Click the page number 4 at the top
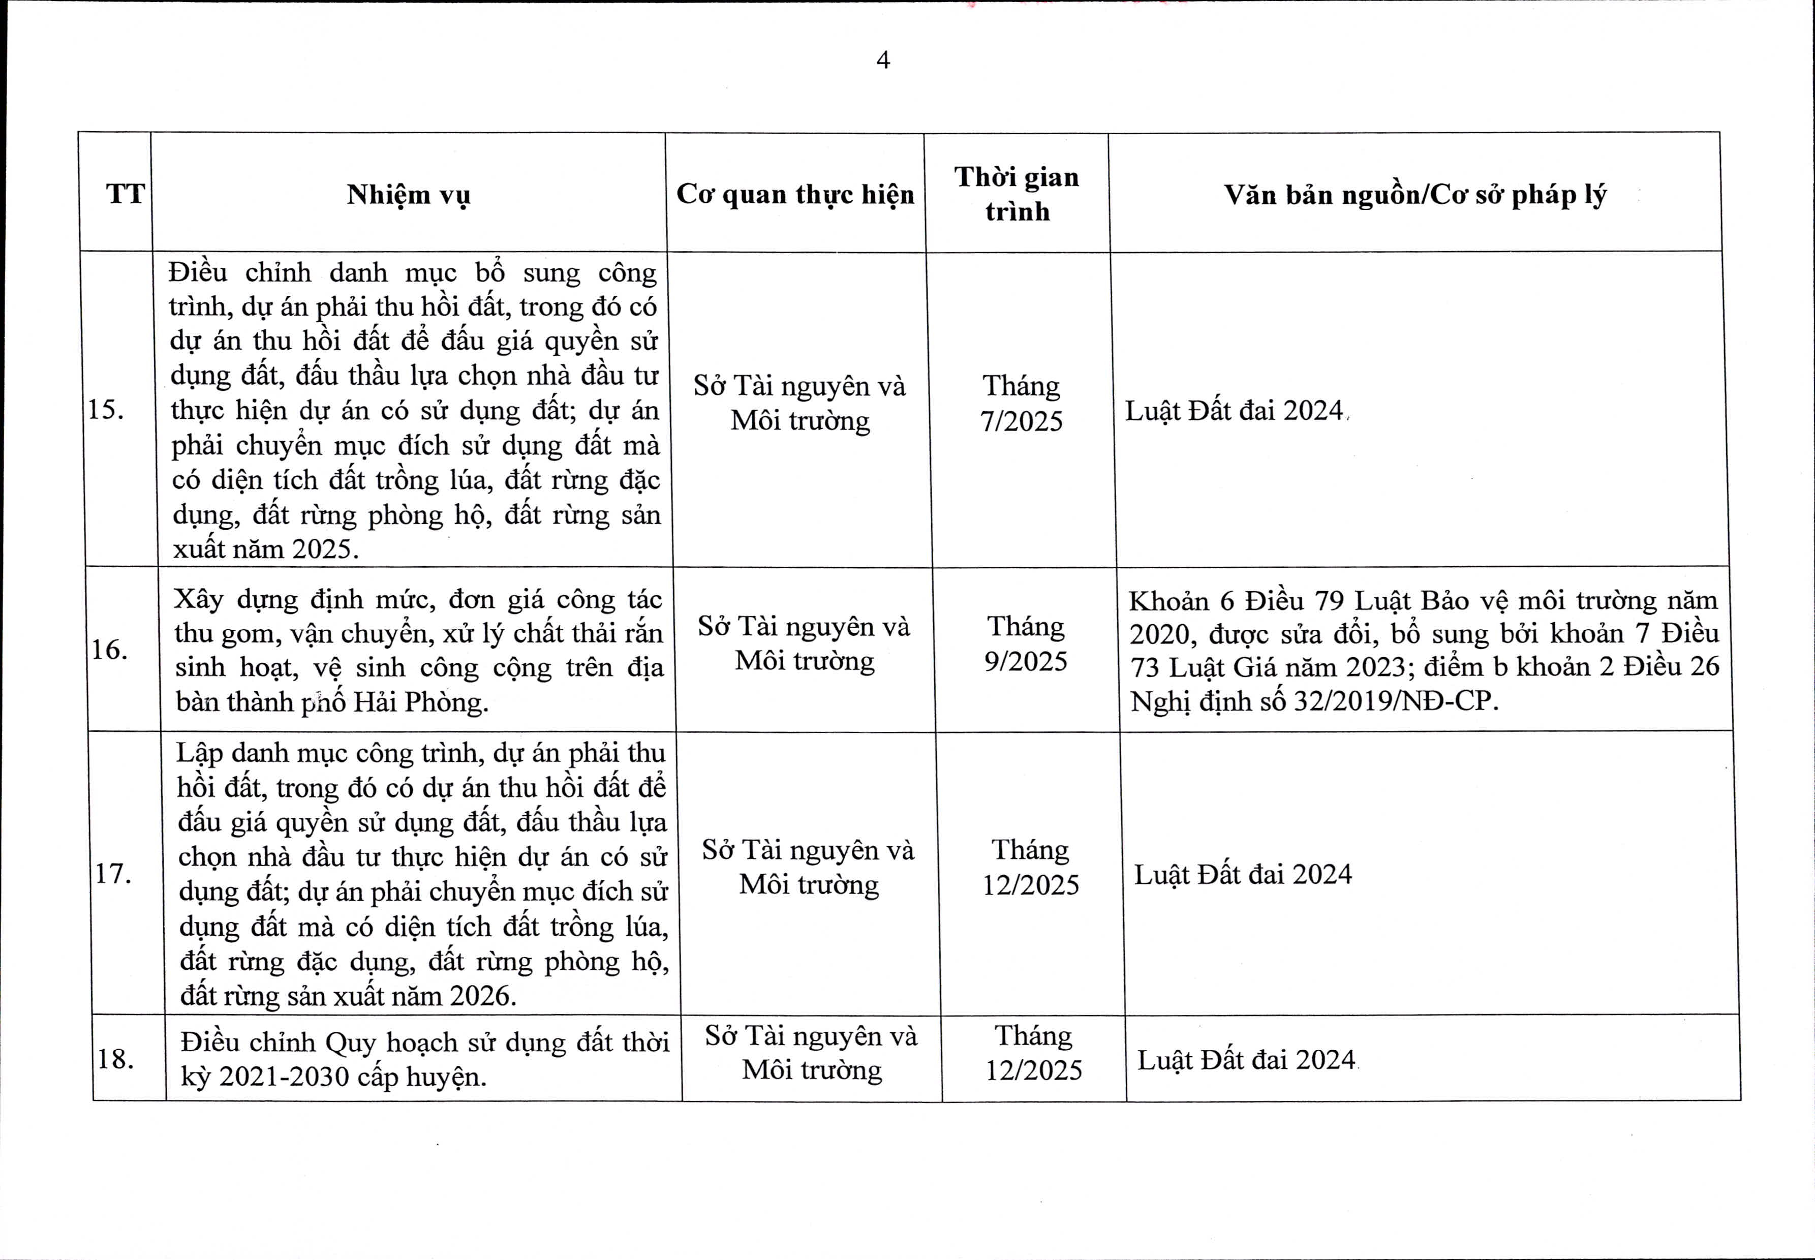point(883,60)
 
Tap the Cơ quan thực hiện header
point(795,194)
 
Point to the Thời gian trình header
point(1017,194)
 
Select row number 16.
point(110,650)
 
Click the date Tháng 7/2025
point(1022,404)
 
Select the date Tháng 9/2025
point(1026,643)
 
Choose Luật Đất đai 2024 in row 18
point(1246,1059)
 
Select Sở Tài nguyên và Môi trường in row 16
point(804,643)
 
